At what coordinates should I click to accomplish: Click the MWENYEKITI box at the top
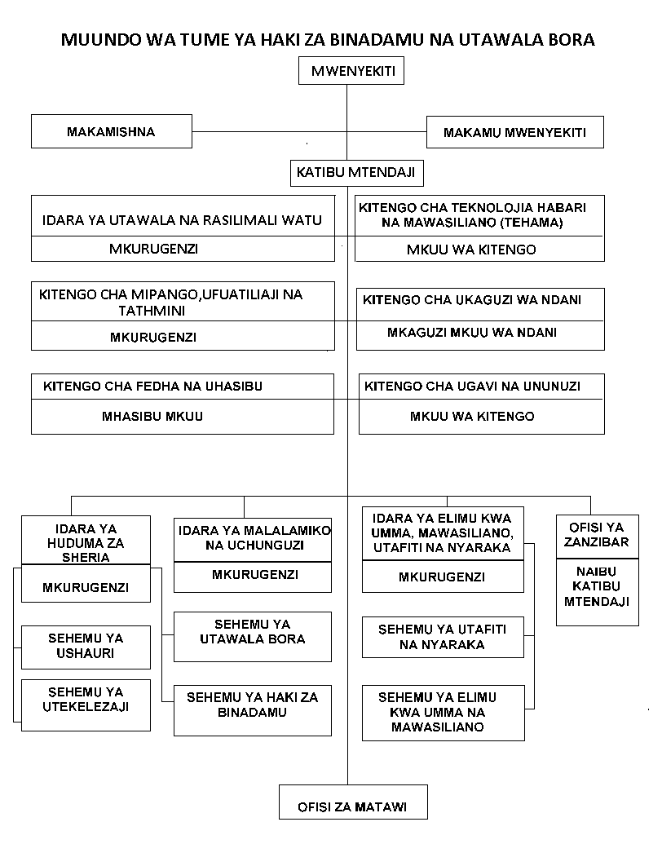(353, 73)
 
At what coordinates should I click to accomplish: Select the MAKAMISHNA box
(111, 131)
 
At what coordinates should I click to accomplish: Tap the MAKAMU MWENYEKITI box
(514, 132)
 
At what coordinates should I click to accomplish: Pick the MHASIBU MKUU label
(152, 416)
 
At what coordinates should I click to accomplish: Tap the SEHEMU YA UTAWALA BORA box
(253, 631)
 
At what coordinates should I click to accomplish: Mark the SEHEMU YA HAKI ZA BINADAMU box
(253, 705)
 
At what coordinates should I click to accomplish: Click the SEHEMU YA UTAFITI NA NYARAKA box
(443, 637)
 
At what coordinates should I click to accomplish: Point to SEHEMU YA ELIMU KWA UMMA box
(443, 712)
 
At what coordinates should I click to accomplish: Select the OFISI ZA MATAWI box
(352, 808)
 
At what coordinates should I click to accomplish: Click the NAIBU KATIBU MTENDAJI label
(590, 586)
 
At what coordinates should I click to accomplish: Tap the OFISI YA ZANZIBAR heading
(590, 535)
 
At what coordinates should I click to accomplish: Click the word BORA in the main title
(572, 39)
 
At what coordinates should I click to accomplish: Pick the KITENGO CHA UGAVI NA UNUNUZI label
(472, 387)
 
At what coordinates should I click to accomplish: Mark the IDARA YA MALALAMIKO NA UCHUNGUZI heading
(253, 537)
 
